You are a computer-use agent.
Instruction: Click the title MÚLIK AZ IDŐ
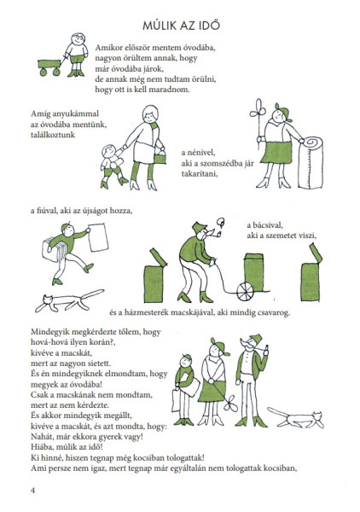pyautogui.click(x=181, y=25)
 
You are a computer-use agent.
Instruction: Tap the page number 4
pyautogui.click(x=32, y=490)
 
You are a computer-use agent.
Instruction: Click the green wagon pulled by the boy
pyautogui.click(x=49, y=67)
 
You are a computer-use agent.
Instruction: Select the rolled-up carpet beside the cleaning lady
pyautogui.click(x=311, y=162)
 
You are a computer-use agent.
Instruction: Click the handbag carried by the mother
pyautogui.click(x=160, y=158)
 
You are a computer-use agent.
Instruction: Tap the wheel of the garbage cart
pyautogui.click(x=245, y=292)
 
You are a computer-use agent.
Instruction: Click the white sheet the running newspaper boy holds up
pyautogui.click(x=98, y=237)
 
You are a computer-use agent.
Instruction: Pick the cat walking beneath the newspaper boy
pyautogui.click(x=69, y=300)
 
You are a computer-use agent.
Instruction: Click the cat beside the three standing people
pyautogui.click(x=297, y=419)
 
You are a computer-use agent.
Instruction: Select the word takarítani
pyautogui.click(x=200, y=174)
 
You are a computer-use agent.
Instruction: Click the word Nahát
pyautogui.click(x=43, y=437)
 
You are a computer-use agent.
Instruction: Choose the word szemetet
pyautogui.click(x=282, y=236)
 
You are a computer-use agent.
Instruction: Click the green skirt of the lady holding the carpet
pyautogui.click(x=276, y=153)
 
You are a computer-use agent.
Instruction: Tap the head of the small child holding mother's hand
pyautogui.click(x=107, y=152)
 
